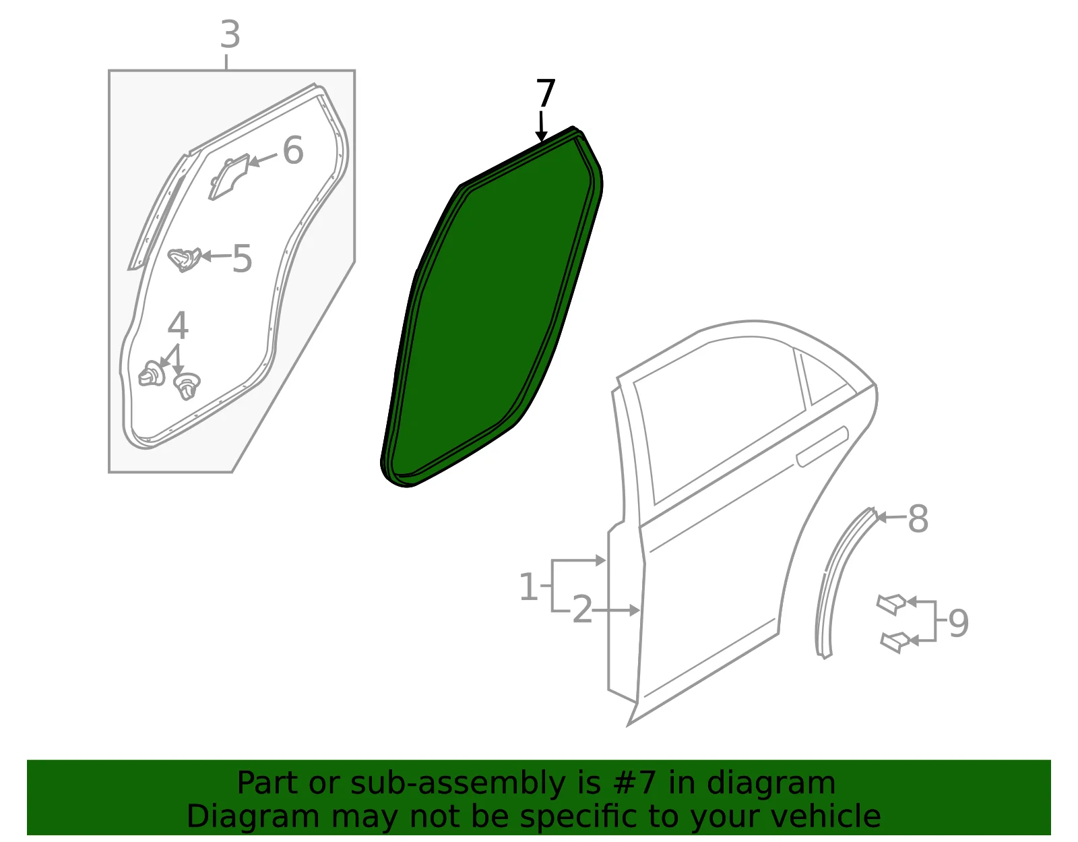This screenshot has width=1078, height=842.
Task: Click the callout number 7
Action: pos(545,93)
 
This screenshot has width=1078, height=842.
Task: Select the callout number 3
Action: pos(230,35)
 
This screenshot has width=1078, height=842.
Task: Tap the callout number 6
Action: pos(292,150)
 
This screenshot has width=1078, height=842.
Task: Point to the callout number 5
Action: pos(242,258)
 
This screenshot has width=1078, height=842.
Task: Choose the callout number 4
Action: pos(178,326)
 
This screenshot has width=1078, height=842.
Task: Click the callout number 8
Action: pos(918,518)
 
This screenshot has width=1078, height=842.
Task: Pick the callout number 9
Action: pos(959,623)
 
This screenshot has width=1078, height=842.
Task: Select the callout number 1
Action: pos(528,587)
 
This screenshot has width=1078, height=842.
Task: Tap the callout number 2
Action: pos(582,609)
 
